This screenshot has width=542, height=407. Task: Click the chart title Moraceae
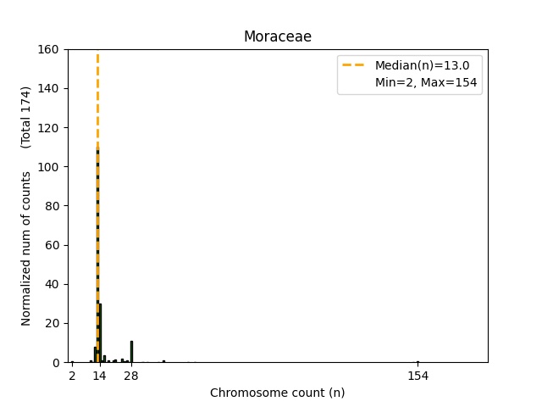[277, 36]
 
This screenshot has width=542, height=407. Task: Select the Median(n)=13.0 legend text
[416, 65]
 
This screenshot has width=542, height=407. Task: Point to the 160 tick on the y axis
[47, 49]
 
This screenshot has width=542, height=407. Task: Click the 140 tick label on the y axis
[47, 88]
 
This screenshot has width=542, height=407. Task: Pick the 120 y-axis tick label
[47, 127]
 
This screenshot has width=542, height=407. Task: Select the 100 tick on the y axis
[47, 166]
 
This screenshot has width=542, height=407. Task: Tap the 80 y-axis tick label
[50, 205]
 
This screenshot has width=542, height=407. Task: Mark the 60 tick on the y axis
[50, 245]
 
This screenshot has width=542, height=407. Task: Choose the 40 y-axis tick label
[50, 284]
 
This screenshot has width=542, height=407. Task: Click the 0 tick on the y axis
[53, 362]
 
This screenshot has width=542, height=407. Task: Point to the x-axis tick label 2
[72, 375]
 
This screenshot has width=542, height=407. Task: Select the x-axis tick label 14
[99, 375]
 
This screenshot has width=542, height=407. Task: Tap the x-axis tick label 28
[130, 375]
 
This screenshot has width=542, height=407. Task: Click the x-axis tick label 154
[418, 375]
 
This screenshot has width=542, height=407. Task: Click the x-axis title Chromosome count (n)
[277, 393]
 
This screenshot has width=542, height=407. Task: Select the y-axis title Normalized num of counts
[26, 248]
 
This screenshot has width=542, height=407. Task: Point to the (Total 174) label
[26, 117]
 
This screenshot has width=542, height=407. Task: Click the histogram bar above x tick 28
[131, 351]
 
